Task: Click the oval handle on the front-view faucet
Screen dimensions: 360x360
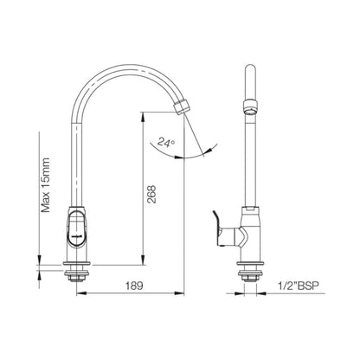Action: [77, 228]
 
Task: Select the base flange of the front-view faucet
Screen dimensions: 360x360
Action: [78, 262]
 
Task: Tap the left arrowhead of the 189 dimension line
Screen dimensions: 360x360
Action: [80, 291]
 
